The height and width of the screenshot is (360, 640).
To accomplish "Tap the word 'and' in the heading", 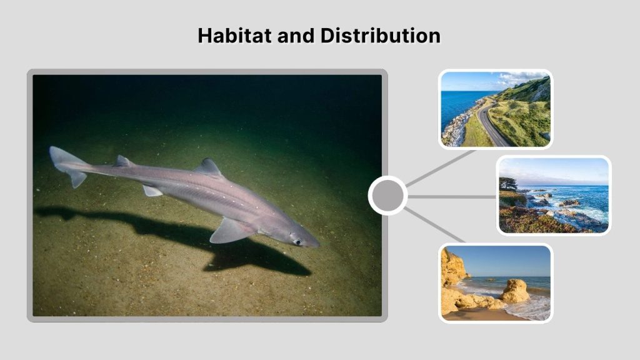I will click(x=296, y=36).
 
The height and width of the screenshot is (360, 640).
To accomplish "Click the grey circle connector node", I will click(x=387, y=196).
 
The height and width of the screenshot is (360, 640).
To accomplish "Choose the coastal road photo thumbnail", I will click(x=496, y=109).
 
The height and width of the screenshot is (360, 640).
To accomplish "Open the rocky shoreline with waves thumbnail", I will click(x=553, y=195).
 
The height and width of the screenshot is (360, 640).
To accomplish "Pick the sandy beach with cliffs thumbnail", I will click(x=496, y=282).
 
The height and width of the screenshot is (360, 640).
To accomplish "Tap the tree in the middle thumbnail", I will click(x=508, y=184).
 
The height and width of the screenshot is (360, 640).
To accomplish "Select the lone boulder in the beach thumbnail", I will click(x=515, y=291).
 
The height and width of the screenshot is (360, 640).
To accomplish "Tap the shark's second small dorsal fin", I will click(x=123, y=161).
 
